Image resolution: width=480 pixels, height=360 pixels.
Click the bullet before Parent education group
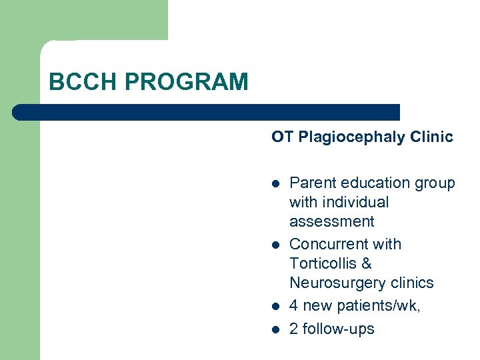[x=275, y=184]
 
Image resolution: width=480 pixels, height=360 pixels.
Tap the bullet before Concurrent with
[x=275, y=245]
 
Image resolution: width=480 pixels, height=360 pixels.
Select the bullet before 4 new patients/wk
[x=275, y=307]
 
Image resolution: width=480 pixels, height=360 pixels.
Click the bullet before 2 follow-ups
[x=275, y=329]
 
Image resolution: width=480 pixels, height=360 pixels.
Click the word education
[x=375, y=183]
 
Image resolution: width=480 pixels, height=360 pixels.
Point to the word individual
[x=357, y=202]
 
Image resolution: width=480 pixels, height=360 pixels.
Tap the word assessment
[x=332, y=221]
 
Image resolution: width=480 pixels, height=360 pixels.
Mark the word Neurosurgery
[x=337, y=283]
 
